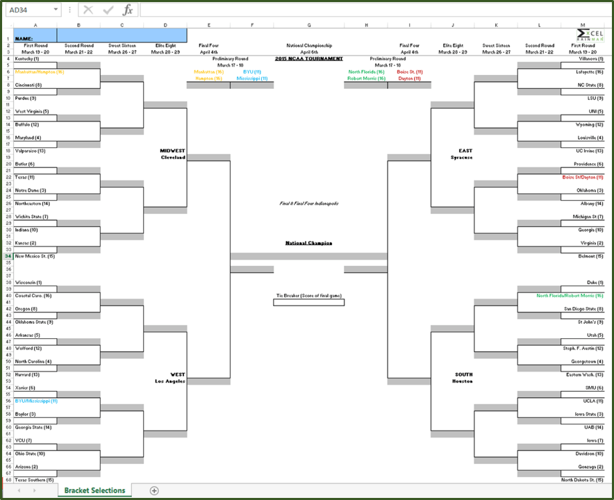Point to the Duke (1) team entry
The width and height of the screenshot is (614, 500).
(x=595, y=283)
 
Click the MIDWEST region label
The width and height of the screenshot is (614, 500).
(x=172, y=150)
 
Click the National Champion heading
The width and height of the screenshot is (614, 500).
(x=308, y=243)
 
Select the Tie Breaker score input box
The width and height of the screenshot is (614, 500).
(x=308, y=302)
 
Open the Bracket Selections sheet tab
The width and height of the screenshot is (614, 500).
(x=94, y=490)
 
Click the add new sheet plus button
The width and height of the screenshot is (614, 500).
(x=154, y=490)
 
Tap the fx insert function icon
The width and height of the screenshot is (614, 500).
(x=128, y=10)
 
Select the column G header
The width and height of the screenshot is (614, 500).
(x=308, y=24)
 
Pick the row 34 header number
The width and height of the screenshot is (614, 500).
(x=8, y=256)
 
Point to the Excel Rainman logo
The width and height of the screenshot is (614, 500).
(x=589, y=36)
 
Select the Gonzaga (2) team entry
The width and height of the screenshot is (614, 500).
(x=590, y=467)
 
